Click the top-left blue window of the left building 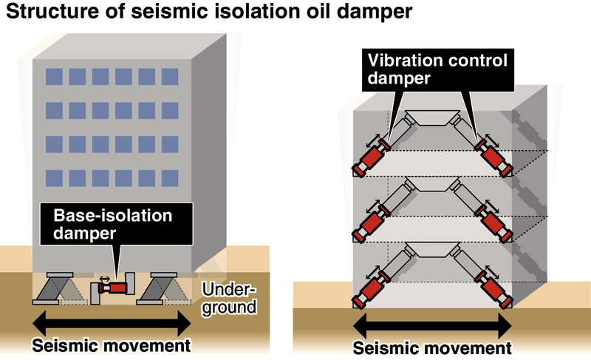[54, 76]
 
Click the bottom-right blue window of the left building [170, 177]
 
